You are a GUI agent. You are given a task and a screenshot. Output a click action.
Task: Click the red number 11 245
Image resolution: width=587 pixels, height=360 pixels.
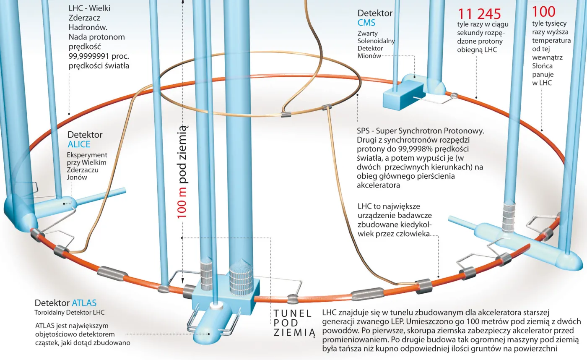tap(479, 14)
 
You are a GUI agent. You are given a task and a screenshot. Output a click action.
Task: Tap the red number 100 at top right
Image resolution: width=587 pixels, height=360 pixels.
tap(544, 11)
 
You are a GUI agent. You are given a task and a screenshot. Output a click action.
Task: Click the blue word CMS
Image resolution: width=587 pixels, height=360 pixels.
tap(366, 23)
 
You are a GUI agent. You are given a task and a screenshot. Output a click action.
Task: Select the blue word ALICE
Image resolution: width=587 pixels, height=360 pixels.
tap(79, 144)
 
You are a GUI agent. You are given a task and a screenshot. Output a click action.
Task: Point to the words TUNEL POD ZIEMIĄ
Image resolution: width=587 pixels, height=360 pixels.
tap(293, 323)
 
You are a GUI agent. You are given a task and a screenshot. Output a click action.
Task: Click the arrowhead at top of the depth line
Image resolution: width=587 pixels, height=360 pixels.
tap(182, 2)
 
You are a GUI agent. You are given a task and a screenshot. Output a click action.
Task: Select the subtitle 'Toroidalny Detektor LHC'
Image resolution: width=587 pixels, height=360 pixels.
tap(69, 313)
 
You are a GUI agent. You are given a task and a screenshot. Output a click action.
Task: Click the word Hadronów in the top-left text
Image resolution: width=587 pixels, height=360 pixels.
tap(85, 28)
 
